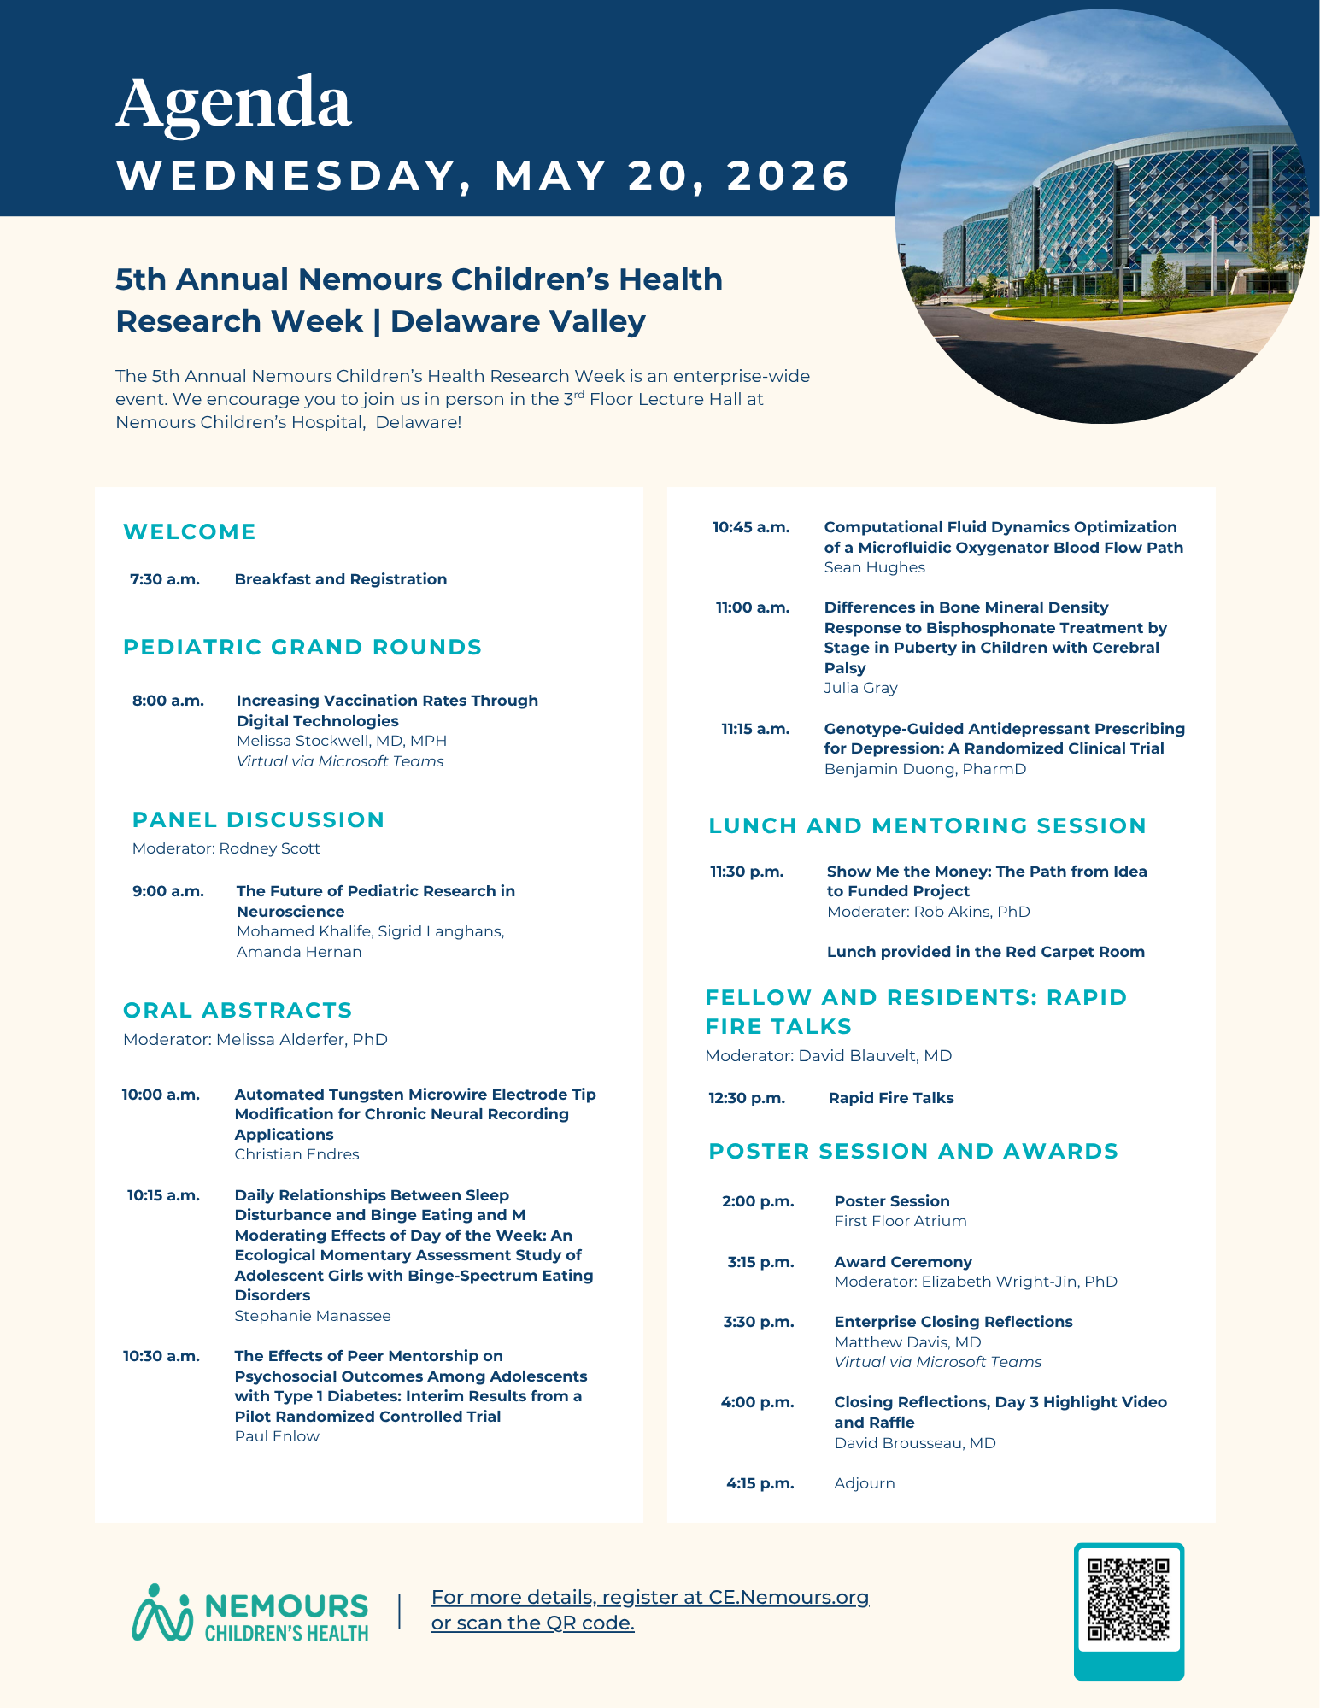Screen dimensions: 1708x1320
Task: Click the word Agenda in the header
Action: pos(233,103)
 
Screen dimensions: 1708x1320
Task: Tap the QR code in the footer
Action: pos(1128,1599)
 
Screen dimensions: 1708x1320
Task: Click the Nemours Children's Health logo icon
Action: pos(162,1613)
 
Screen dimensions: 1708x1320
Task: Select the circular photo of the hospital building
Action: pos(1102,217)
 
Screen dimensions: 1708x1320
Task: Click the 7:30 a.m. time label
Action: pos(165,579)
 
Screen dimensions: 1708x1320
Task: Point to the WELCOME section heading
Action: pos(190,531)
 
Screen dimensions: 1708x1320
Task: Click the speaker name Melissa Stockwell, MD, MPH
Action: pos(342,741)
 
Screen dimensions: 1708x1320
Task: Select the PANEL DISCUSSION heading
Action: pos(258,819)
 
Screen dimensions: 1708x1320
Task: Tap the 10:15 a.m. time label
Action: pos(163,1195)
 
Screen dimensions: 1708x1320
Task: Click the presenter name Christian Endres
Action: pos(296,1154)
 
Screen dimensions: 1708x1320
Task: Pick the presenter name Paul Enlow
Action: pos(277,1436)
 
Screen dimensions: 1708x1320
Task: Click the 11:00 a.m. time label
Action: pos(753,607)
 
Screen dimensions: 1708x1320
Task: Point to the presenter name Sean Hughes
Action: pos(874,567)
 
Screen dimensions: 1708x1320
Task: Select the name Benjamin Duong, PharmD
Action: pos(924,769)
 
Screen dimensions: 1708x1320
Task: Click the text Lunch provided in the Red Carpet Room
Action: pos(985,952)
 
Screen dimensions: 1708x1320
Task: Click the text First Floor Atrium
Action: pos(901,1221)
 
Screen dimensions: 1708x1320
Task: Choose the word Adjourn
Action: pos(865,1483)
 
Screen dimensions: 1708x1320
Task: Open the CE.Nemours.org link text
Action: pos(788,1597)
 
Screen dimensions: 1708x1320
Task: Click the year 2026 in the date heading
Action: pos(788,176)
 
